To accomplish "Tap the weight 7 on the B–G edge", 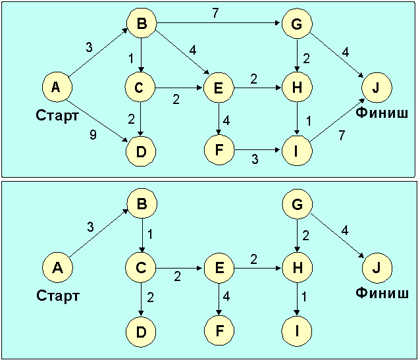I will pyautogui.click(x=215, y=13).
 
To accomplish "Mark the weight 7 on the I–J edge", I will pyautogui.click(x=341, y=135).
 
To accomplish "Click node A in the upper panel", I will pyautogui.click(x=56, y=86).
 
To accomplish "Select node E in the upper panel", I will pyautogui.click(x=219, y=86).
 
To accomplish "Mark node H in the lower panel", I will pyautogui.click(x=298, y=269).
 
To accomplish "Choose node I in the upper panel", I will pyautogui.click(x=298, y=151).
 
